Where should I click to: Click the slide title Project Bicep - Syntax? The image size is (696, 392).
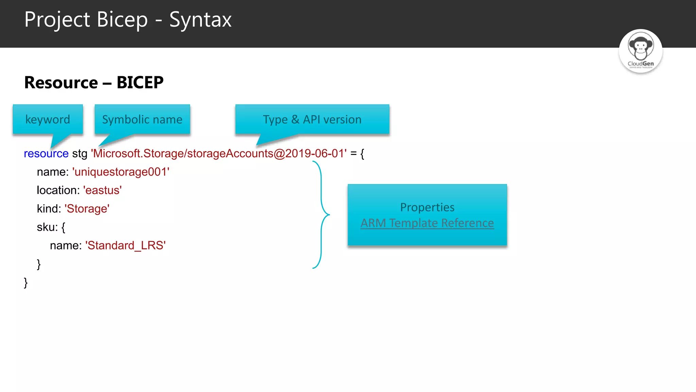(128, 20)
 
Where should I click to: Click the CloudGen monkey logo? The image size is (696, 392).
(641, 51)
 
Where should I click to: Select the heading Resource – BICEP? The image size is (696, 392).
(94, 83)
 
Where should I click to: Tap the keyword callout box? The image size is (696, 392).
(48, 119)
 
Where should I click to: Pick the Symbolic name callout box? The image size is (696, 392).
(142, 119)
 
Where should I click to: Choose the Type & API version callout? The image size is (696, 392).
(312, 119)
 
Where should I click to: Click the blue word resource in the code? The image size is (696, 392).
(46, 153)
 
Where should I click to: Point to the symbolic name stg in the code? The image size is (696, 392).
(80, 153)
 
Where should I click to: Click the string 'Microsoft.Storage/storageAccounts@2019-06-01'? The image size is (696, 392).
(219, 153)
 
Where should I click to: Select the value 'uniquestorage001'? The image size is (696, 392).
(121, 172)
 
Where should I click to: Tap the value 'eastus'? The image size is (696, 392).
(102, 190)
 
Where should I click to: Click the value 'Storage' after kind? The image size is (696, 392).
(87, 209)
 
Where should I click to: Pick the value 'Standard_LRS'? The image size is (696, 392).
(125, 245)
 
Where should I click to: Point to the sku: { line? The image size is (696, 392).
(51, 227)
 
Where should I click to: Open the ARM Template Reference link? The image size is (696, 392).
(427, 223)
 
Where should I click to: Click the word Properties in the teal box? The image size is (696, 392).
(427, 207)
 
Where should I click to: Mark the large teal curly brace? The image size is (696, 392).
(321, 215)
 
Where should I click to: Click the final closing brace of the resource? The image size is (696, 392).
(26, 282)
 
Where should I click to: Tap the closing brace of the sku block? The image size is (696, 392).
(39, 264)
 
